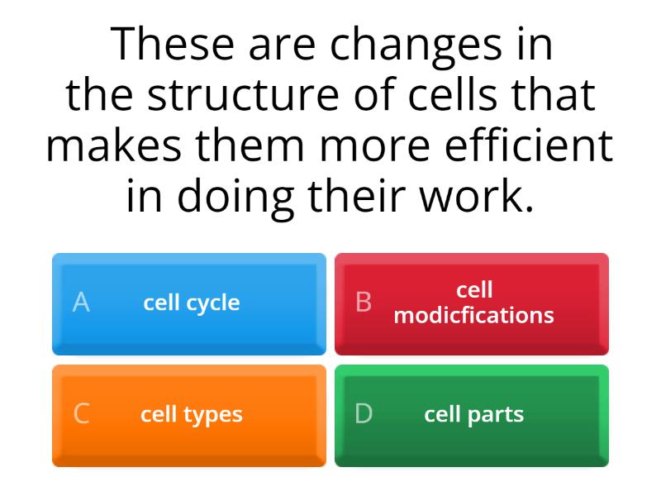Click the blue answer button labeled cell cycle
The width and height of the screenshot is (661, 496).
(189, 303)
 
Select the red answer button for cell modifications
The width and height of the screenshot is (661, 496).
(472, 303)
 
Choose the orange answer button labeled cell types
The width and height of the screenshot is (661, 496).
(189, 415)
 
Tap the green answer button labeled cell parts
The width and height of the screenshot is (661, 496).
(472, 415)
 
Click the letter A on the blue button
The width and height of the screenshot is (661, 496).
(80, 303)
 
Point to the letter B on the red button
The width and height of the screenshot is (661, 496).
(364, 303)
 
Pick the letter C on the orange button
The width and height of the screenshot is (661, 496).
(81, 414)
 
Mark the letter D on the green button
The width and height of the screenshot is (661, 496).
(364, 414)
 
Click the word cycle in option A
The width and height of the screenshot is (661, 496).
(213, 303)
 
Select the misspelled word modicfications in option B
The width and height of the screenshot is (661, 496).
(473, 315)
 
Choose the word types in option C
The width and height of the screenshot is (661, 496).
(214, 415)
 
